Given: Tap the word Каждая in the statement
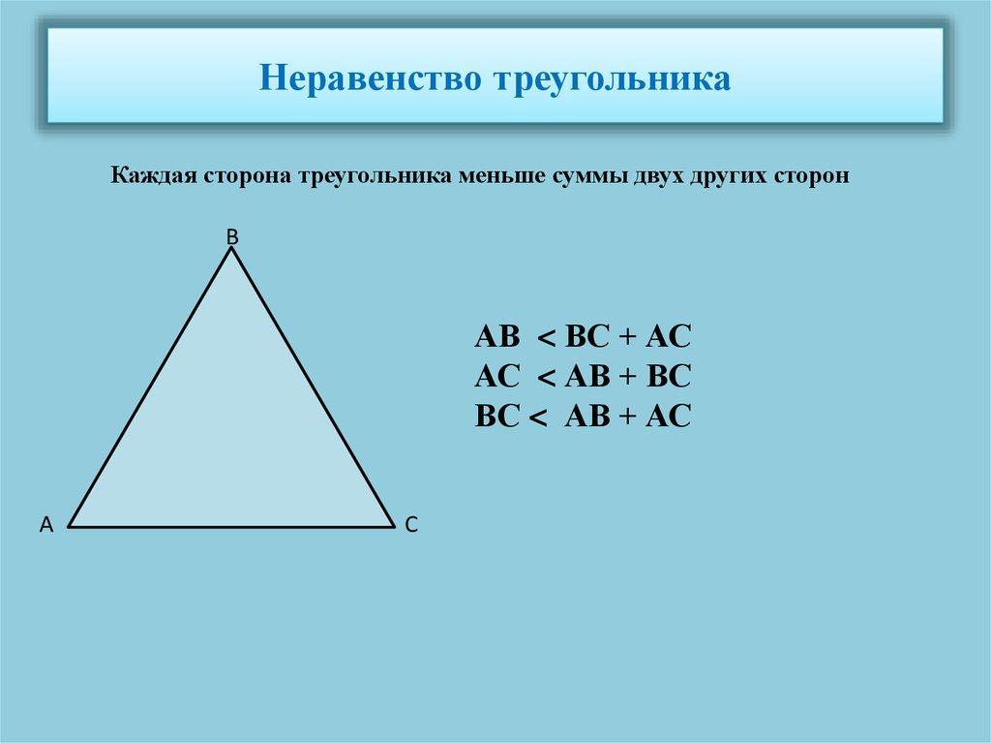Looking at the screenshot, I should click(x=153, y=176).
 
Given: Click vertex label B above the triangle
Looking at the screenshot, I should click(x=231, y=235).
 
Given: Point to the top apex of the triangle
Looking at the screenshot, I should click(x=232, y=249).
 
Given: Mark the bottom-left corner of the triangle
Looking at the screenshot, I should click(x=68, y=527).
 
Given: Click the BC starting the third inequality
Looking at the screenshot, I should click(x=498, y=417).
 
